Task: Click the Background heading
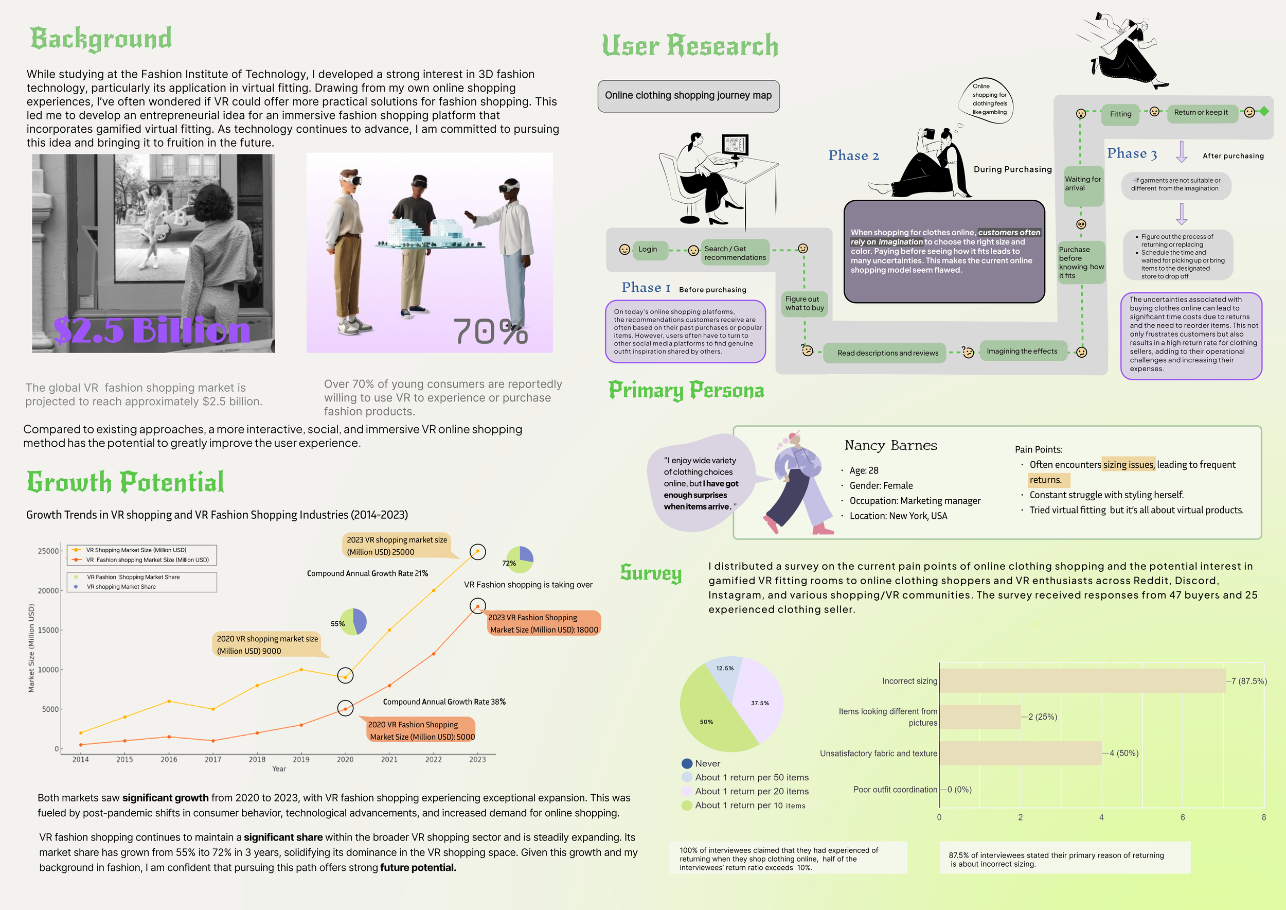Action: pos(101,39)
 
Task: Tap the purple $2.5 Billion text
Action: pos(152,330)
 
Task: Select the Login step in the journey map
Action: pos(648,249)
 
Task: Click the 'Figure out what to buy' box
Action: pos(805,304)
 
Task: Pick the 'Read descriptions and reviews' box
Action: pos(887,353)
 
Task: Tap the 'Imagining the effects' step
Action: pos(1022,352)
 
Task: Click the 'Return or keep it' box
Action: pos(1200,113)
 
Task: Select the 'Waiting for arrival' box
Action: pos(1083,184)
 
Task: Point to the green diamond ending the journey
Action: pos(1264,112)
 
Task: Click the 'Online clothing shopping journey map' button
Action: pos(688,96)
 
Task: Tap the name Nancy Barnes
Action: pos(890,445)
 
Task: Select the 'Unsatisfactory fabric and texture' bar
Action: pos(1020,753)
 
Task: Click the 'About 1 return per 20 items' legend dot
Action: pos(687,791)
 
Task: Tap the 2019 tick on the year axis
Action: pos(301,759)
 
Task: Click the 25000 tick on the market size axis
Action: pos(48,551)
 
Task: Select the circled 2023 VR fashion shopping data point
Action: pos(477,606)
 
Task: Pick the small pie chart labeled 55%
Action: pos(353,622)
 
